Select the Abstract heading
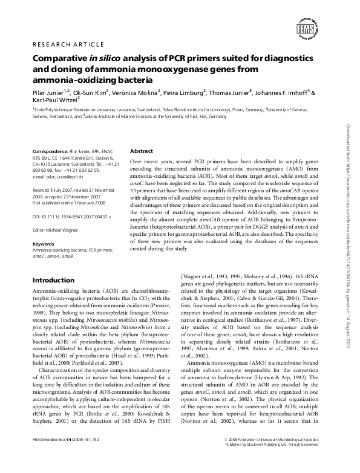[142, 151]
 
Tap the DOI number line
[71, 216]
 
